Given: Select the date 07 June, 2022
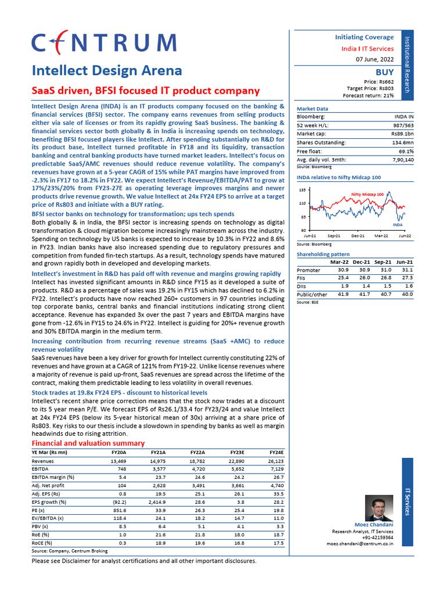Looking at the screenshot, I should click(x=374, y=60).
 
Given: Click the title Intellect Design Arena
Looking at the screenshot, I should click(x=106, y=71).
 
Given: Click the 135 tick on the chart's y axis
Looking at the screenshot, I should click(x=303, y=190).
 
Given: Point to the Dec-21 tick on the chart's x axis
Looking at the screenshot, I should click(x=358, y=235).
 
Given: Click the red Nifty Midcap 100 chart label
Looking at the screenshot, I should click(x=367, y=194).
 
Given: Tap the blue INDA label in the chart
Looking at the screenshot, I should click(x=397, y=224).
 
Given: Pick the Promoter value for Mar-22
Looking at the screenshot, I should click(x=343, y=270).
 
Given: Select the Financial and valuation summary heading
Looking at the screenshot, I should click(x=87, y=443).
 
